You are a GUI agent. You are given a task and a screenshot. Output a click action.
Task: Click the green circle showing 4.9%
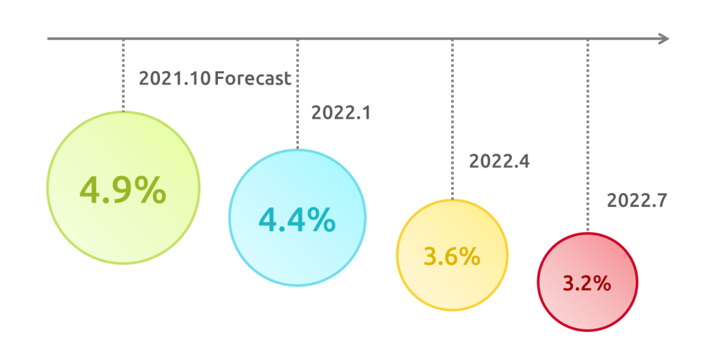coord(123,187)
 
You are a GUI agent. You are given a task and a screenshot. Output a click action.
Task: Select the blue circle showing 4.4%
coord(298,218)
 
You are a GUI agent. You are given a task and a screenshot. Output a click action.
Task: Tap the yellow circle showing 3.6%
coord(453,255)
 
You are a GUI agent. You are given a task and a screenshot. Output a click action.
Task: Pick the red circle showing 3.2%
coord(588,282)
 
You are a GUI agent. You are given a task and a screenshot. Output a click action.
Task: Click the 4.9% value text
coord(123,190)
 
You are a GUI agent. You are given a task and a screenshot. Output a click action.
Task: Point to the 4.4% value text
coord(298,220)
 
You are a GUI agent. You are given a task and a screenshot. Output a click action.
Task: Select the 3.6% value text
coord(452,256)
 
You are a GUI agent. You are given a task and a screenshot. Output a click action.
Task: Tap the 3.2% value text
coord(587,284)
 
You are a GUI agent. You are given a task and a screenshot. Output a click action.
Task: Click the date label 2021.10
coord(174,78)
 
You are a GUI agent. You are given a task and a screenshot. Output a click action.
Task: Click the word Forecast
coord(252,78)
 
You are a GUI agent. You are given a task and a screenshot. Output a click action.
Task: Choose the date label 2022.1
coord(341,112)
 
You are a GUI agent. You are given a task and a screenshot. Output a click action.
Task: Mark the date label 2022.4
coord(499,161)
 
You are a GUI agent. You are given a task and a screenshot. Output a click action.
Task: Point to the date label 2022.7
coord(637,200)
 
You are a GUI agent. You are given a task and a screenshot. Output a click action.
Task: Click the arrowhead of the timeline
coord(664,39)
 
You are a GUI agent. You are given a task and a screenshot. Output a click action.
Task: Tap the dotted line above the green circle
coord(123,75)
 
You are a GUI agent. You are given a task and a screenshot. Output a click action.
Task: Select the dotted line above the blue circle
coord(298,94)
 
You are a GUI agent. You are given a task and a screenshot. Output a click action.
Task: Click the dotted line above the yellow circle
coord(453,120)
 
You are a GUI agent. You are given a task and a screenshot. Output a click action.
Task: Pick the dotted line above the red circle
coord(588,136)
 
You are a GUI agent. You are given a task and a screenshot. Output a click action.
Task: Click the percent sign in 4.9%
coord(149,190)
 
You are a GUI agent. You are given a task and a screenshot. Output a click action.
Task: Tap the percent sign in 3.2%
coord(601,284)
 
